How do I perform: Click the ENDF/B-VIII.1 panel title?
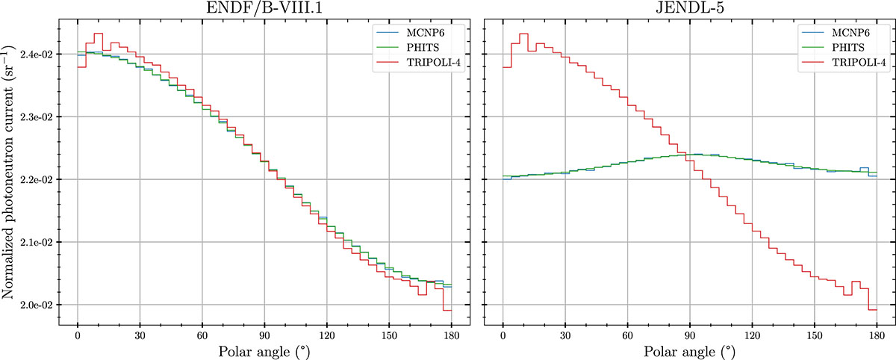coord(264,8)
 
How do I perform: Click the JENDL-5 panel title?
coord(690,8)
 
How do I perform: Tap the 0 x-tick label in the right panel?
coord(503,336)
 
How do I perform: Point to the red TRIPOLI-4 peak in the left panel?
coord(98,34)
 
